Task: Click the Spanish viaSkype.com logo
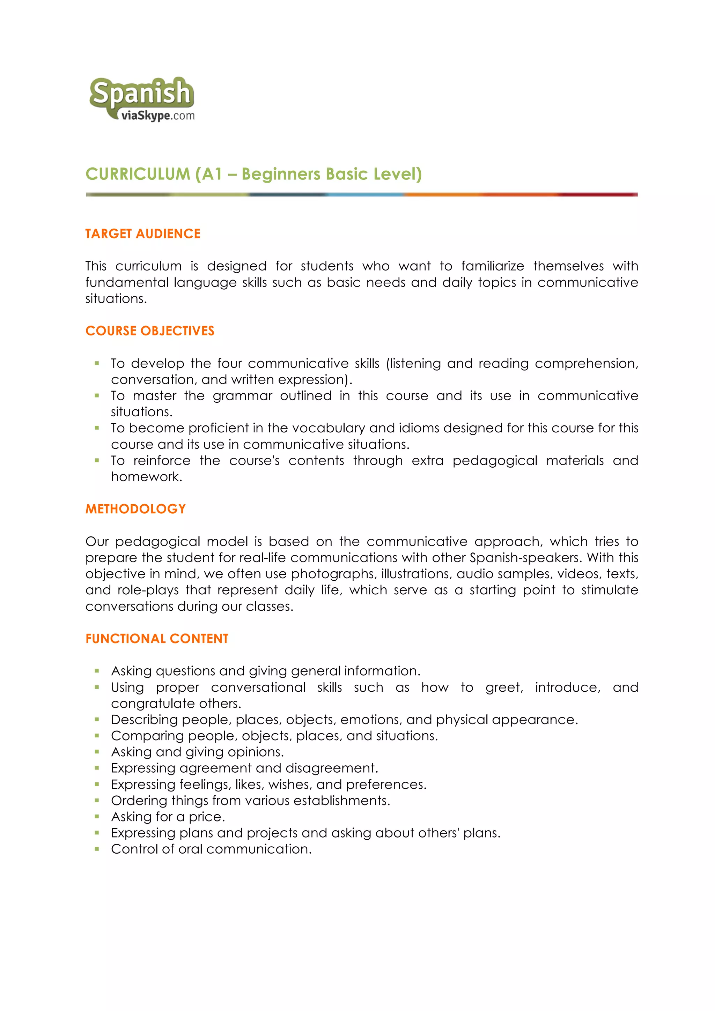click(x=142, y=99)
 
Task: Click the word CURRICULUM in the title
click(x=138, y=174)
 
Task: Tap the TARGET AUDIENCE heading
click(x=143, y=233)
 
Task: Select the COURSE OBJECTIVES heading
click(x=150, y=331)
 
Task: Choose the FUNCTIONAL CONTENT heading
click(x=157, y=639)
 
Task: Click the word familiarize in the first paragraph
click(x=493, y=266)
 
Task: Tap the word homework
click(x=146, y=476)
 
